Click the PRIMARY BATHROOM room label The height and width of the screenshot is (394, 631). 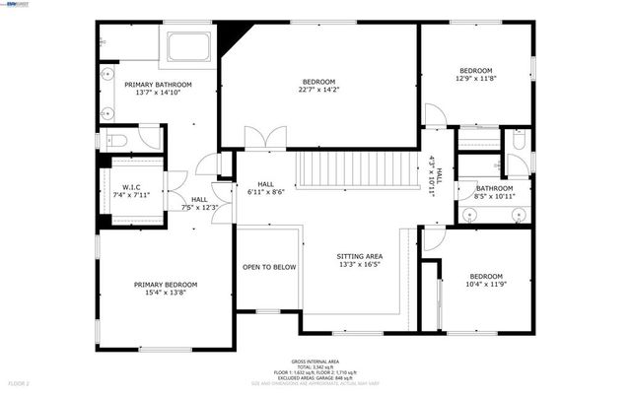pos(158,86)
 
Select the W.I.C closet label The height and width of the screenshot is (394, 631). pos(135,187)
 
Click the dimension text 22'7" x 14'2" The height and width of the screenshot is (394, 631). pos(318,91)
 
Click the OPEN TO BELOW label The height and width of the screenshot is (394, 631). pos(269,267)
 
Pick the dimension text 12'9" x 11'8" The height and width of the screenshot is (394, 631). pos(475,80)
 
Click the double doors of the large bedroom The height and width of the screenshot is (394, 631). pos(260,139)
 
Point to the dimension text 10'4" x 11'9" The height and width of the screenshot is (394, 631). pos(486,286)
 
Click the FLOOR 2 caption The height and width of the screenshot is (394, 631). pos(20,381)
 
